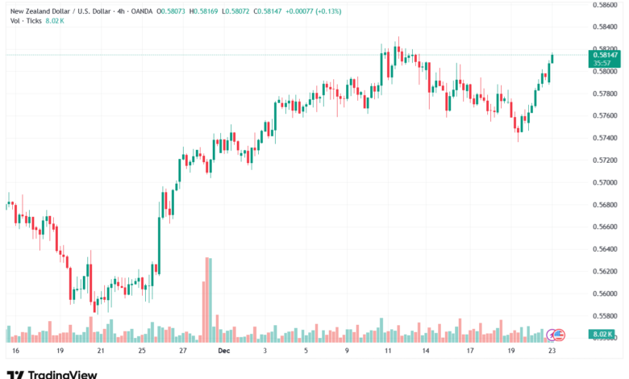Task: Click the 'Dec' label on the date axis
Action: (x=224, y=352)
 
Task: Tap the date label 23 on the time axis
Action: (x=552, y=352)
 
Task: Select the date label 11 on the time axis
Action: (x=388, y=352)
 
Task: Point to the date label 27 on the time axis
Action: (x=183, y=352)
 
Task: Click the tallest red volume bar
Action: (x=209, y=298)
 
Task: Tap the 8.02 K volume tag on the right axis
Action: (x=604, y=334)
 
